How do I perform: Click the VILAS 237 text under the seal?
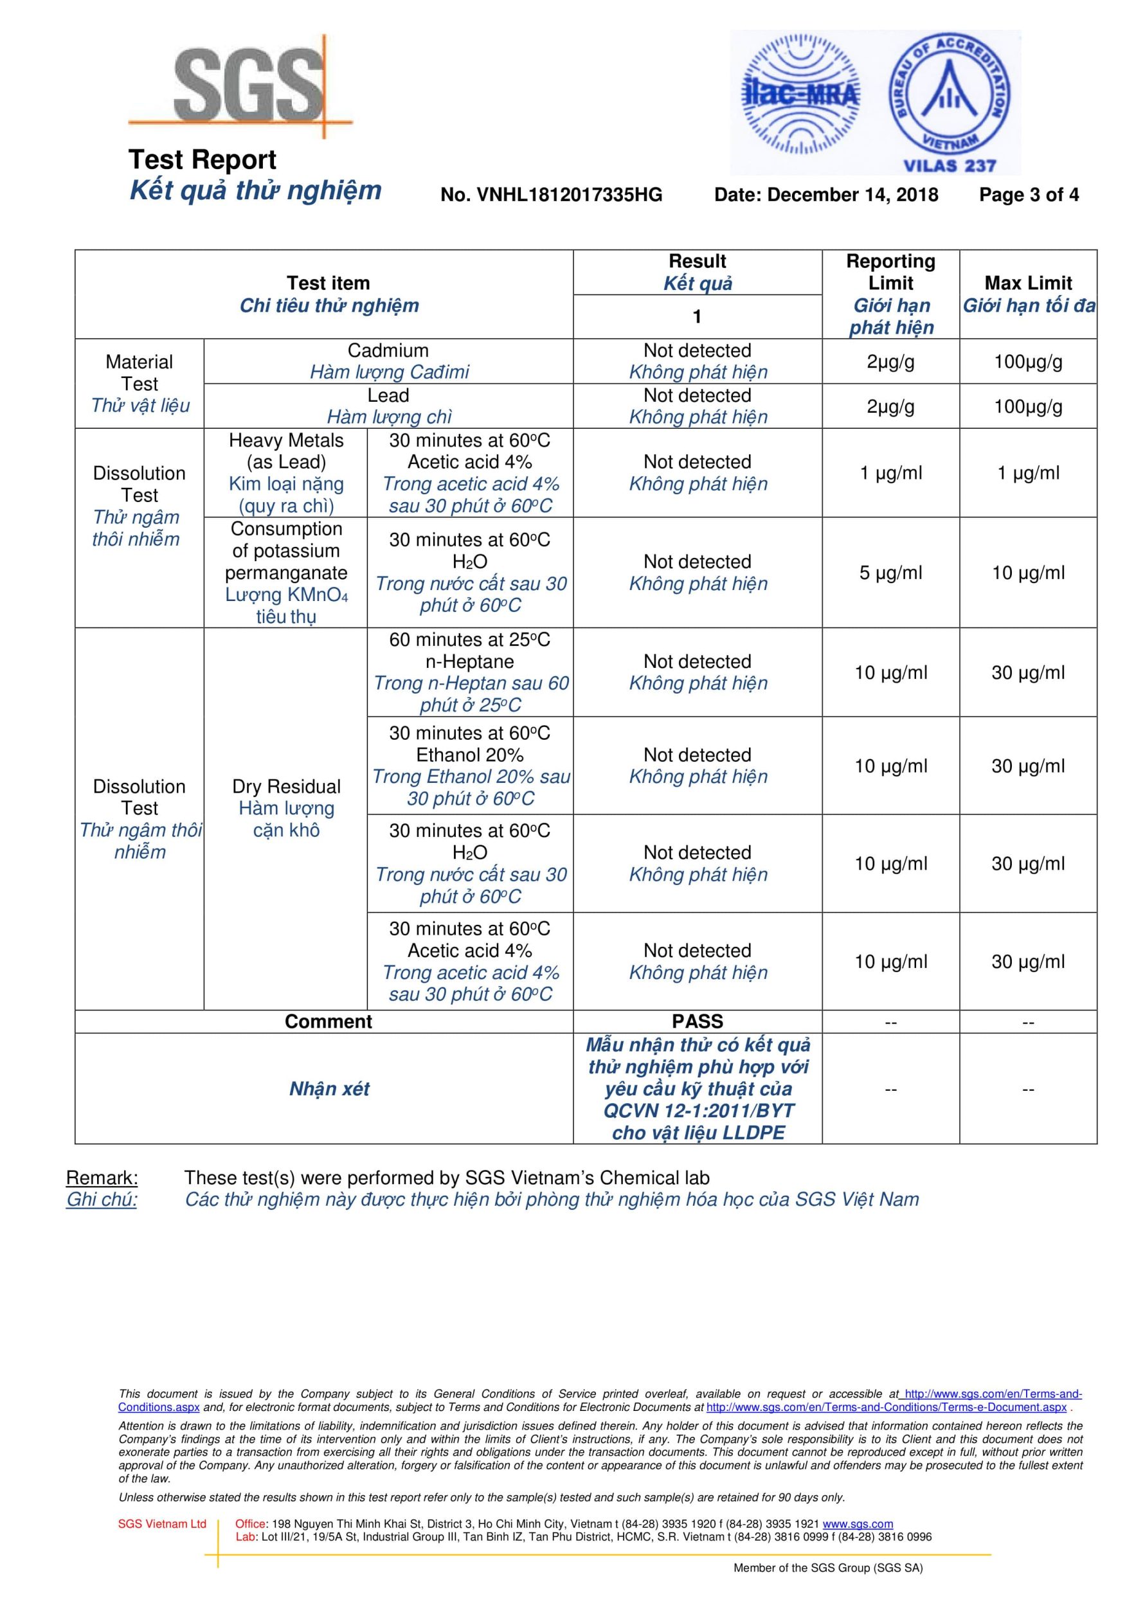coord(949,166)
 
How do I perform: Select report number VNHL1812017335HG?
coord(551,195)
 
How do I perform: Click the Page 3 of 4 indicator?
coord(1028,195)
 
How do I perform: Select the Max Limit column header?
coord(1027,294)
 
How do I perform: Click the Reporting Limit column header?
coord(890,294)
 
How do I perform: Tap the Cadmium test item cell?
coord(388,361)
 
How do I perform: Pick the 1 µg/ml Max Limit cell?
coord(1027,473)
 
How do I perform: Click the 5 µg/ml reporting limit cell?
coord(890,573)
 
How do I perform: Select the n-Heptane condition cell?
coord(470,672)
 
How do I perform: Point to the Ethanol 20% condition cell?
coord(470,765)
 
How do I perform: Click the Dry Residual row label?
coord(285,808)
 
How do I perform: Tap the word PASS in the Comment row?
coord(697,1021)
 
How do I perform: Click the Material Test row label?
coord(140,383)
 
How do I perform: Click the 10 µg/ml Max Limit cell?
coord(1027,573)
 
